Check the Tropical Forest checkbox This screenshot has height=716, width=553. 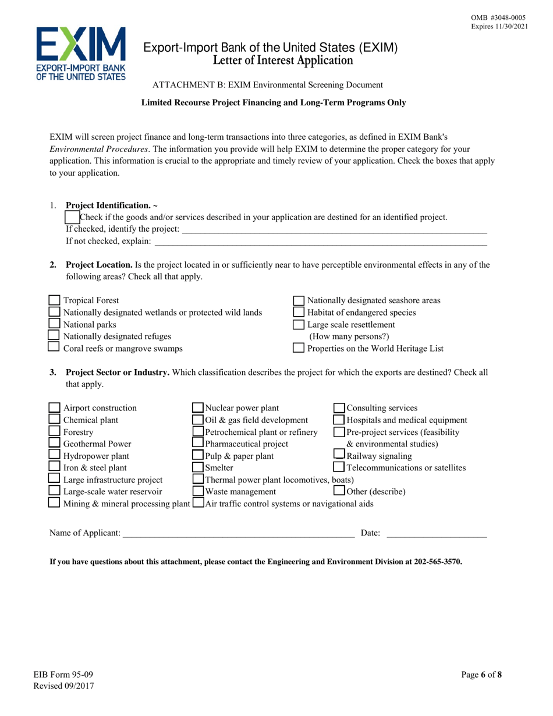pos(55,301)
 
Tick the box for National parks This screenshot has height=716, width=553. pos(55,324)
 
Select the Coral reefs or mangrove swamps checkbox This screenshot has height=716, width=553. pos(55,348)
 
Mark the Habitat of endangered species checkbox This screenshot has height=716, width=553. pos(299,313)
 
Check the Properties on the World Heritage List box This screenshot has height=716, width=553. pos(299,348)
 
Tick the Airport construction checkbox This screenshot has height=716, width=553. pos(55,407)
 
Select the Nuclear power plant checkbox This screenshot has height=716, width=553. pos(198,407)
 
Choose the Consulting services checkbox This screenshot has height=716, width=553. pos(339,407)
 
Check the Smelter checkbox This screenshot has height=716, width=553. pos(198,467)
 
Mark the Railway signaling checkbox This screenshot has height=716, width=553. pos(339,455)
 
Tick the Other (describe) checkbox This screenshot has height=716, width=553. pos(339,491)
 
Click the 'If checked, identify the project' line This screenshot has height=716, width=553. pos(334,229)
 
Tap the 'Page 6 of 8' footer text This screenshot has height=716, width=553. pos(481,675)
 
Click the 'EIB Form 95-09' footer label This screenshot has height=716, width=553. pos(71,675)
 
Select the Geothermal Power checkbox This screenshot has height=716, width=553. pos(55,444)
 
